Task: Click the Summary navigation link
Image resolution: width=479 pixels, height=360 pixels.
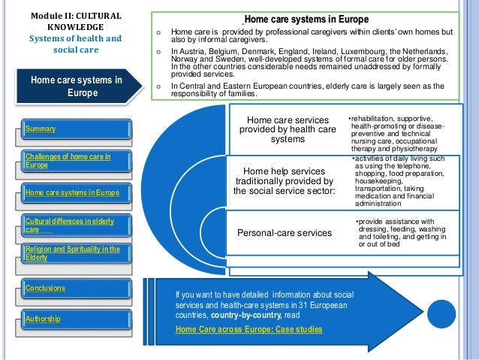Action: tap(41, 129)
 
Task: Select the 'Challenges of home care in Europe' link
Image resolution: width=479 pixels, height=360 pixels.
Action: tap(68, 161)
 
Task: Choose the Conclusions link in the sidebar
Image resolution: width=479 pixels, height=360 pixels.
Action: tap(45, 288)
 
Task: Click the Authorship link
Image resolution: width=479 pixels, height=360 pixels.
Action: tap(44, 319)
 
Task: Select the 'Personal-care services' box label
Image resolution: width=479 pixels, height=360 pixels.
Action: tap(285, 233)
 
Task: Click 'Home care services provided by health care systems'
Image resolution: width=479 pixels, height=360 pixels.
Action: tap(288, 129)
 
